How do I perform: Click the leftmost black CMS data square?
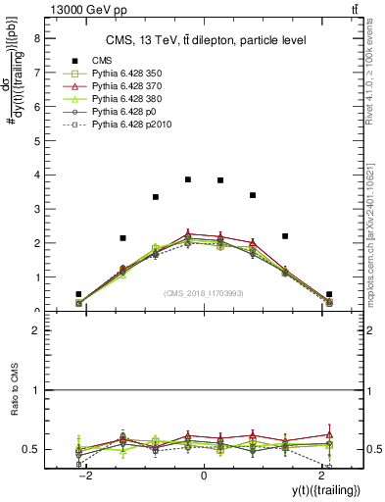78,294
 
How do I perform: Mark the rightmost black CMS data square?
329,294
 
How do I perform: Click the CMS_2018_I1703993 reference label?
204,292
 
